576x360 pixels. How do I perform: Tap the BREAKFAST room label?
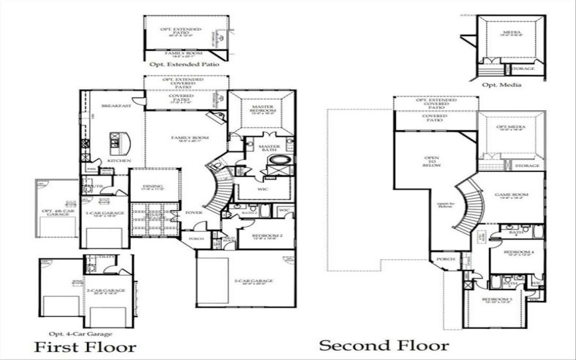click(116, 106)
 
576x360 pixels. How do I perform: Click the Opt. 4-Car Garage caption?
click(80, 334)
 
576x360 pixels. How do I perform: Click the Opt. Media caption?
click(501, 85)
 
